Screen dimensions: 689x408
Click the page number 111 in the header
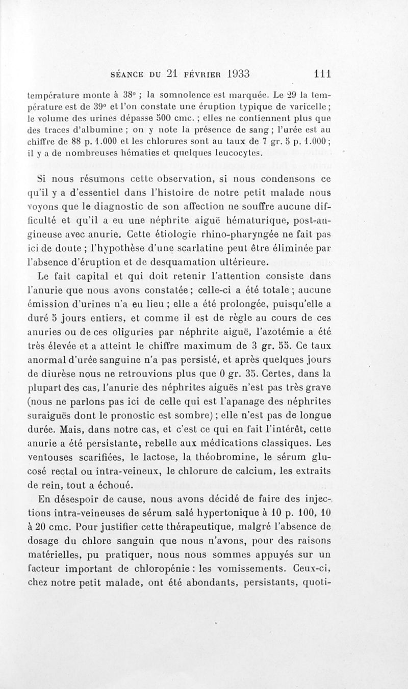323,73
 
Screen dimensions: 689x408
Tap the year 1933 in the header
232,73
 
